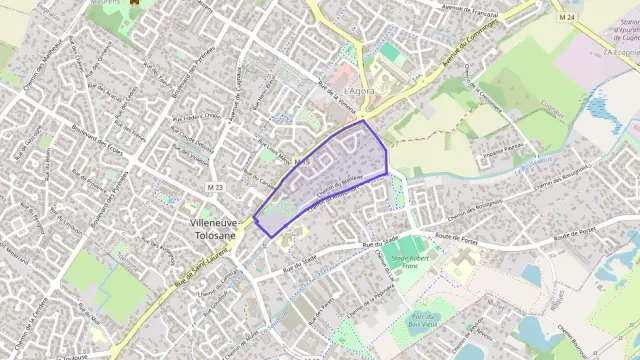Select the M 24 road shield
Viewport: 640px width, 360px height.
pos(568,18)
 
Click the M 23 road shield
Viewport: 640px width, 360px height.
pos(215,187)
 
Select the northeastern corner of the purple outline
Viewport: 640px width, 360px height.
pos(364,120)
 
